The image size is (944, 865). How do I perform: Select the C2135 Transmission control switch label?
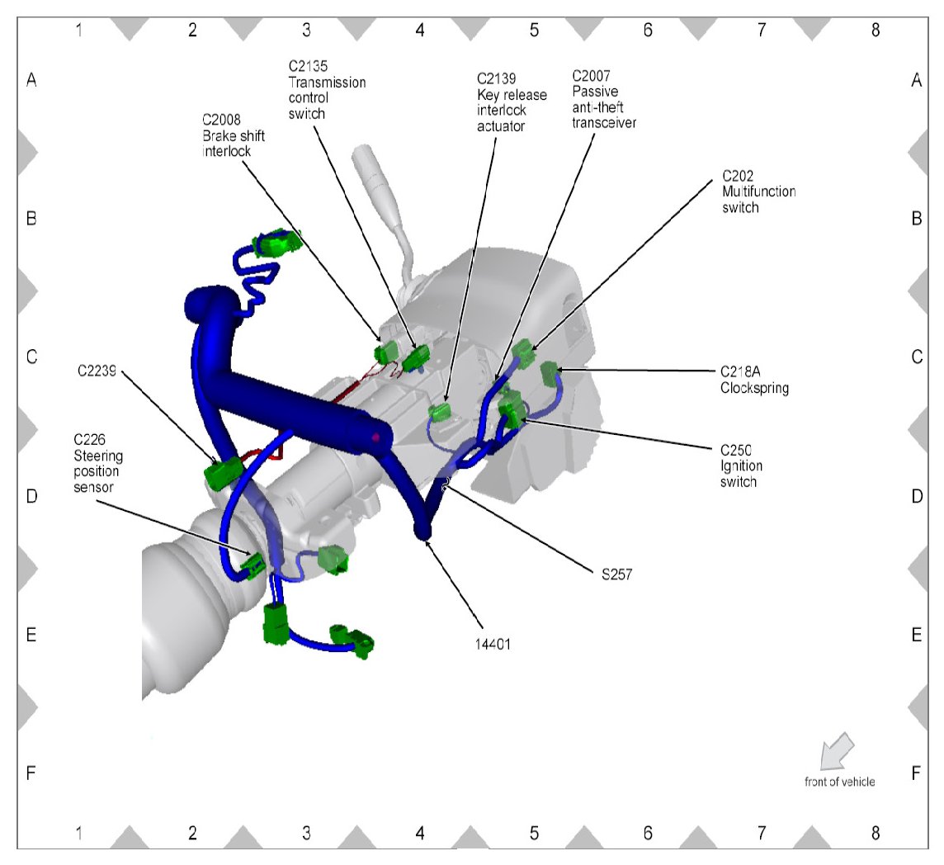pyautogui.click(x=327, y=90)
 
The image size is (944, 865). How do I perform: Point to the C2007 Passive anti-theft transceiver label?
pyautogui.click(x=604, y=98)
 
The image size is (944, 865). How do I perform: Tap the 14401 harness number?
pyautogui.click(x=493, y=645)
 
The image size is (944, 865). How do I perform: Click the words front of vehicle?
pyautogui.click(x=839, y=782)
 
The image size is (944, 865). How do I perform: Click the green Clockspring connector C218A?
pyautogui.click(x=550, y=374)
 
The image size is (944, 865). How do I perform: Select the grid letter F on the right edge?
pyautogui.click(x=916, y=773)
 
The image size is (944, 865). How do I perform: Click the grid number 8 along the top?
pyautogui.click(x=875, y=31)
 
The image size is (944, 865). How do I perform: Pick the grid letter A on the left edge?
pyautogui.click(x=31, y=81)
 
